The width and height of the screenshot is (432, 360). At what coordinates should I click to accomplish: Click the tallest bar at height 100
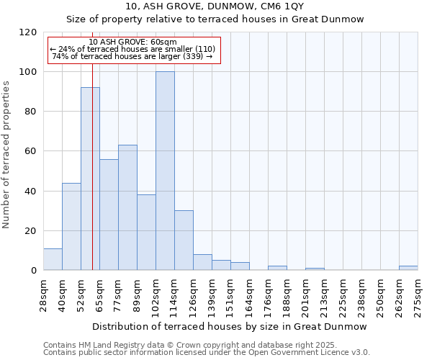(165, 171)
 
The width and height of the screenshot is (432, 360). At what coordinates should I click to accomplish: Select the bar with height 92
(90, 179)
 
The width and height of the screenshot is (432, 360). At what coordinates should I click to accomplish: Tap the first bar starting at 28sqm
(53, 259)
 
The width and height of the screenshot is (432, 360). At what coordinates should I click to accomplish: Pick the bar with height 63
(127, 207)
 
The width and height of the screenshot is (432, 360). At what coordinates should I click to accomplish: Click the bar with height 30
(184, 240)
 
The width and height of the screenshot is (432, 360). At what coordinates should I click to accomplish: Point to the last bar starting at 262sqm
(408, 268)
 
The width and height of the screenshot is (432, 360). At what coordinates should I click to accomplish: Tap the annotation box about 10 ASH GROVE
(133, 49)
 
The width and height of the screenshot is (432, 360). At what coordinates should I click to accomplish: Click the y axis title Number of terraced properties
(6, 154)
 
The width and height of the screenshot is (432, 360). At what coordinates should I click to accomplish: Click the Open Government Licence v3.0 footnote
(207, 353)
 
